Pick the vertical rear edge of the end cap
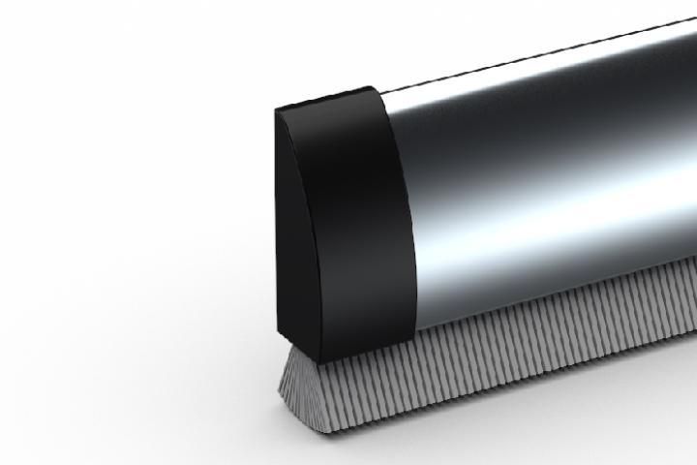tap(278, 223)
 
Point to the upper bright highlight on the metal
tap(542, 92)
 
